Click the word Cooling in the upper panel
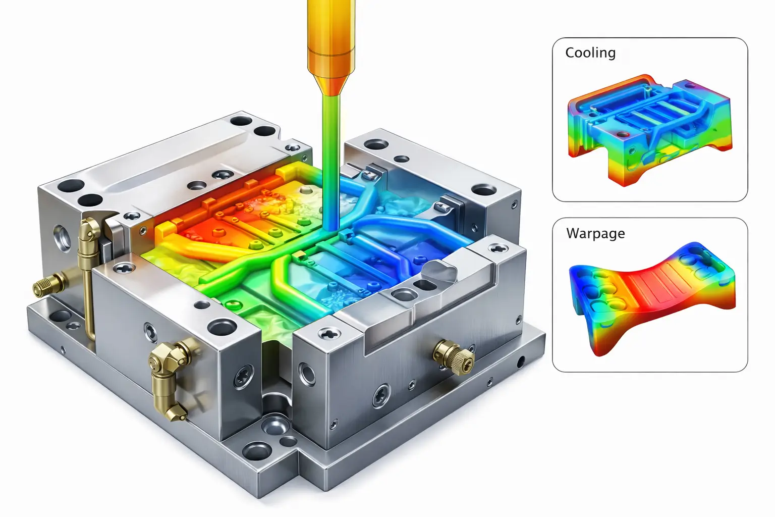click(590, 53)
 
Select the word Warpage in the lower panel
click(595, 233)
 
